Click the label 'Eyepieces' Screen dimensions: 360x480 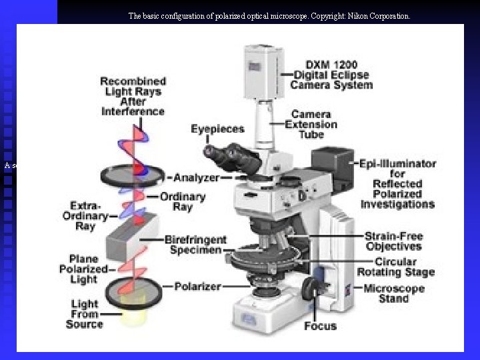click(217, 128)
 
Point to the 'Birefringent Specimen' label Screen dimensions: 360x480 click(195, 245)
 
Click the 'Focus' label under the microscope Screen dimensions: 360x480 click(320, 326)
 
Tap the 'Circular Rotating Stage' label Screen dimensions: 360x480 click(396, 267)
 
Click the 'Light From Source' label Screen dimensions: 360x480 click(85, 314)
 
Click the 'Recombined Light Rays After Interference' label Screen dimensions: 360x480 click(133, 97)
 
